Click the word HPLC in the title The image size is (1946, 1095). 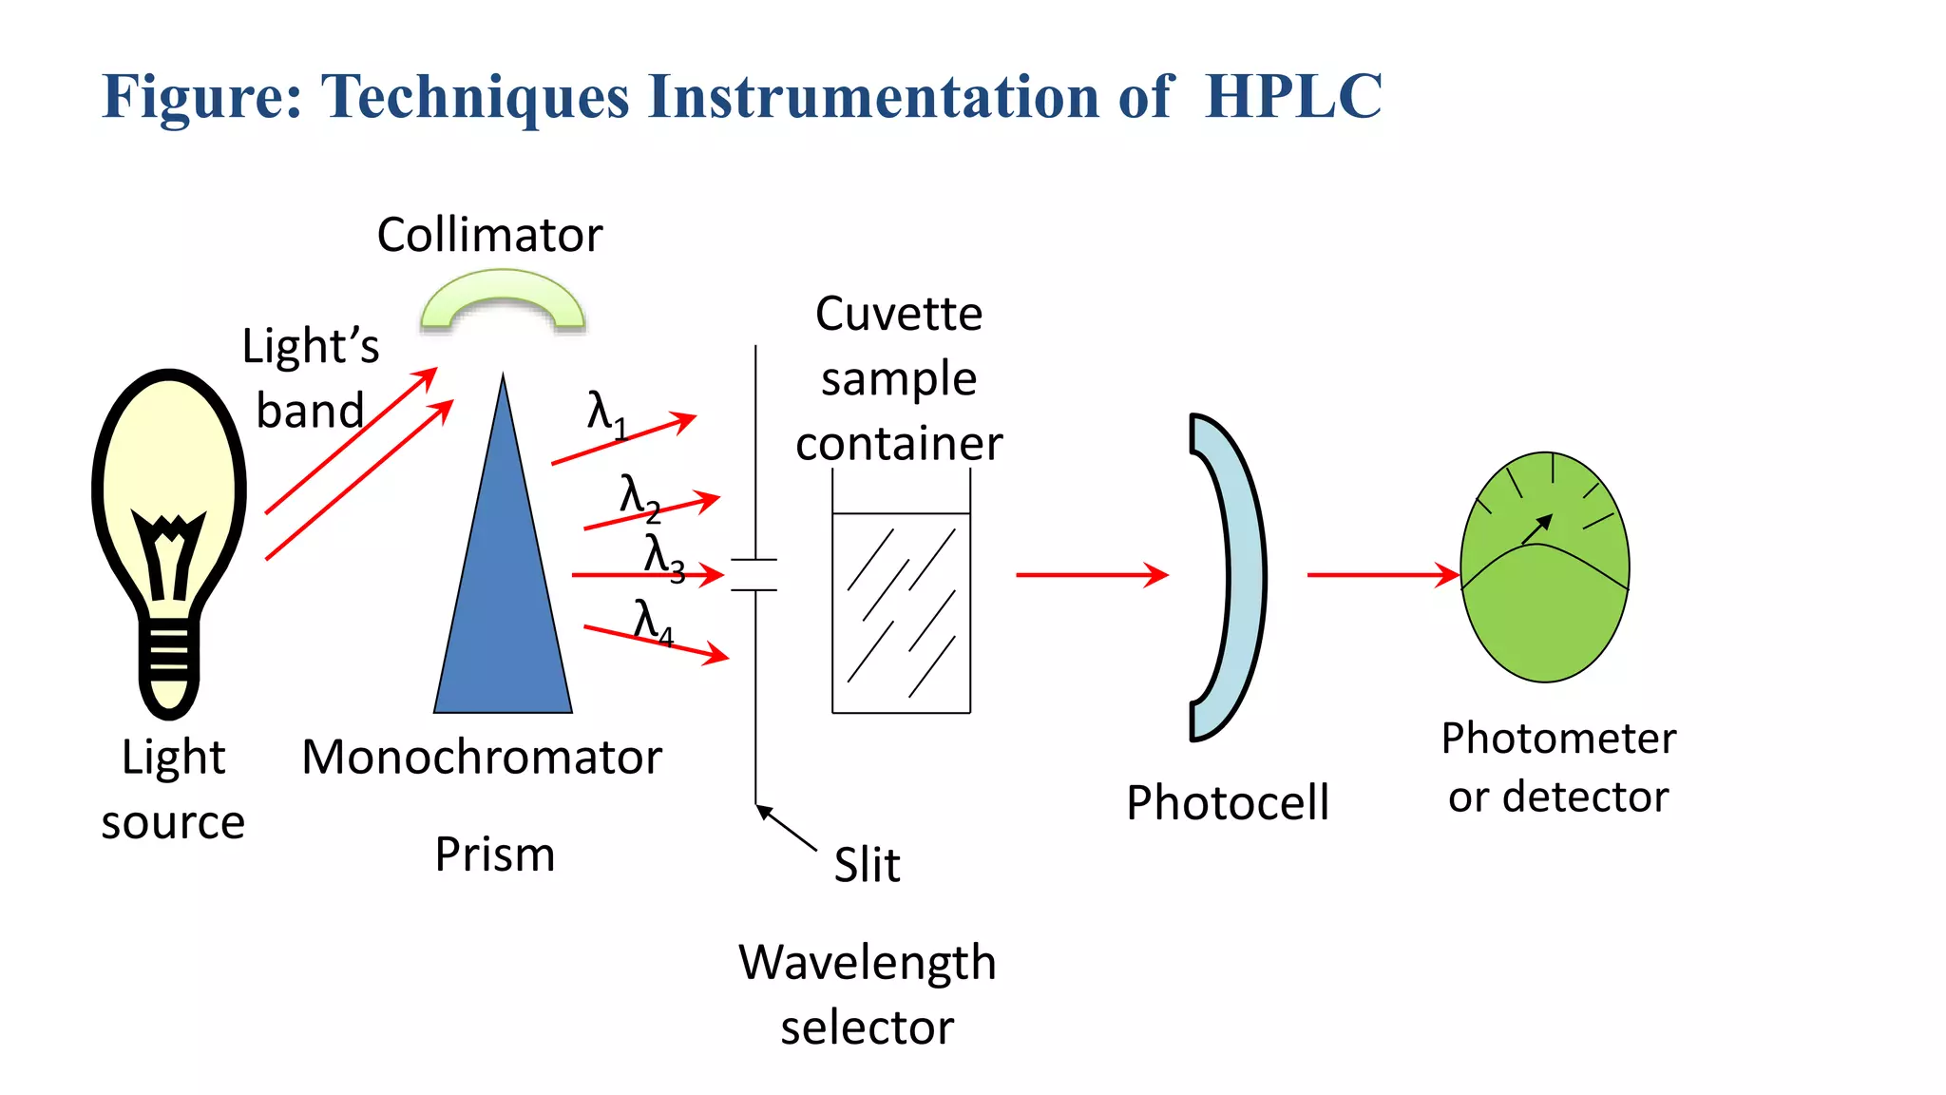(1292, 97)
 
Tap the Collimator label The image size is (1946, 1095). (489, 235)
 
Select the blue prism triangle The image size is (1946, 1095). (504, 608)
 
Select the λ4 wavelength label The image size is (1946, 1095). (653, 623)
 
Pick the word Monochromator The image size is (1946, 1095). (482, 758)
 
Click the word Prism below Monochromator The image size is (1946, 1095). (494, 855)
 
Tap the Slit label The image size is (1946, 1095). (867, 865)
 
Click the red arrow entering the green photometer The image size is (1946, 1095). (1383, 575)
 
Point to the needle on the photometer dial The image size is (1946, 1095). (1537, 529)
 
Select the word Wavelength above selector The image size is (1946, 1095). (867, 963)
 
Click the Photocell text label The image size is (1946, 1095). (1227, 803)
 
